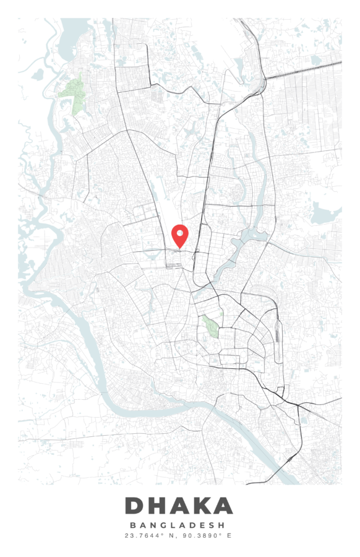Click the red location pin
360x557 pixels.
pos(179,235)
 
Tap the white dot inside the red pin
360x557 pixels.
pos(179,233)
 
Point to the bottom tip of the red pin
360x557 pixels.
pos(179,249)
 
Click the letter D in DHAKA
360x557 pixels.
pos(135,506)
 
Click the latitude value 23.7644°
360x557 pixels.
pos(142,535)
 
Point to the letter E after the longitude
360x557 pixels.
pos(229,535)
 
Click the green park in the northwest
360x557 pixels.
pos(72,93)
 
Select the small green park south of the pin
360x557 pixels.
pos(211,326)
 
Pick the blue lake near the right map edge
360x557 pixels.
pos(325,214)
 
